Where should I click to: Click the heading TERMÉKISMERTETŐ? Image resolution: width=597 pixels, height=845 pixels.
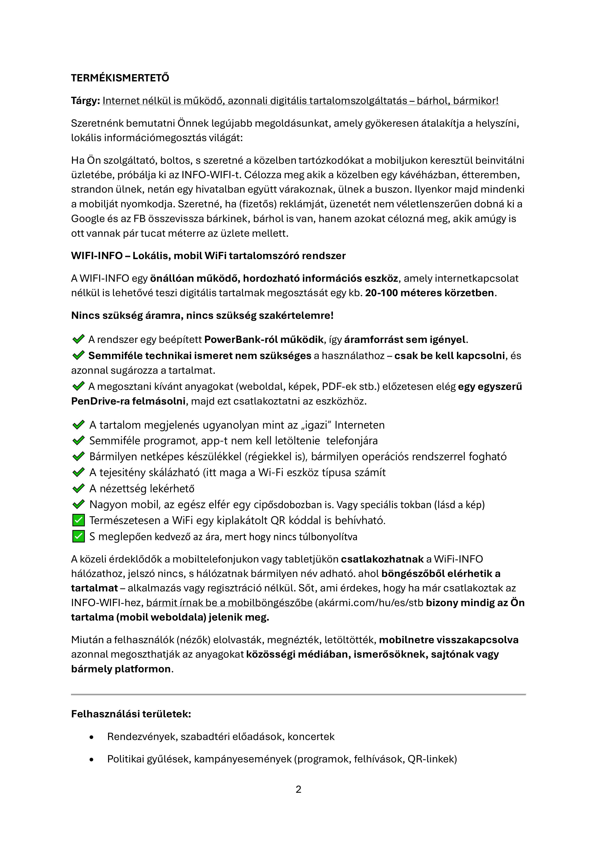[120, 78]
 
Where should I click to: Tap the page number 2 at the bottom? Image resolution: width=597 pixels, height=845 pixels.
[298, 789]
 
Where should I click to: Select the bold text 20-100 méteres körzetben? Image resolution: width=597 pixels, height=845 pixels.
[430, 293]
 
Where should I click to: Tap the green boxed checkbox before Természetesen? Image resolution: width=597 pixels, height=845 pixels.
[78, 520]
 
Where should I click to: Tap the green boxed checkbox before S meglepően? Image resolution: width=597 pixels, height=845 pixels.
[78, 537]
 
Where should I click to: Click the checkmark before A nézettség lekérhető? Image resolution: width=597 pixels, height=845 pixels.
[78, 488]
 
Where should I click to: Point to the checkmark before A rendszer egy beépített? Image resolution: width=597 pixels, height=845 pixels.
[78, 339]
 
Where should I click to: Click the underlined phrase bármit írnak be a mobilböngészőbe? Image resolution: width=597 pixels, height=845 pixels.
[229, 603]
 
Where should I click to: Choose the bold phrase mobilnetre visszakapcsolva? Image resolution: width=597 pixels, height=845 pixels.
[448, 640]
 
